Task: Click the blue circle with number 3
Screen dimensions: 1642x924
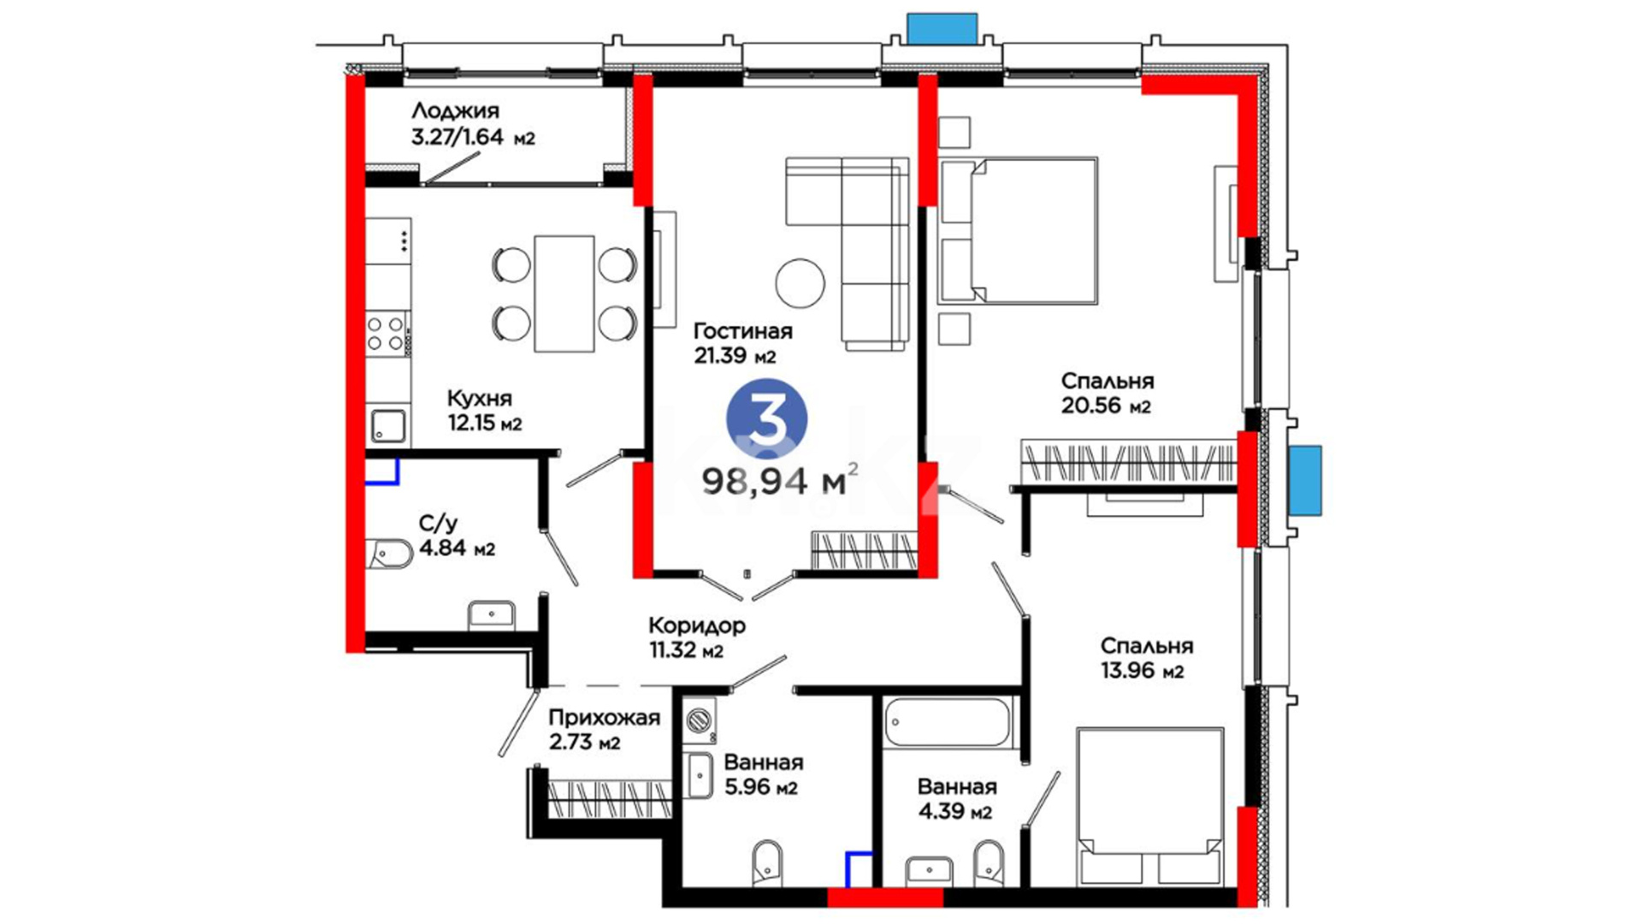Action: coord(766,419)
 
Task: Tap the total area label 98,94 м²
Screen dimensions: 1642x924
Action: coord(779,480)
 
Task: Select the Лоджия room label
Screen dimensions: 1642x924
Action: coord(455,110)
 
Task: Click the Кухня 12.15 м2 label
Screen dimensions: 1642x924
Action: coord(484,411)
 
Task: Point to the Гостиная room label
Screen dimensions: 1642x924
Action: coord(742,331)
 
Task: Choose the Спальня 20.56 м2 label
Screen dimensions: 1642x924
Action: coord(1107,394)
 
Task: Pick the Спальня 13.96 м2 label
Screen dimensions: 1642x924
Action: coord(1146,658)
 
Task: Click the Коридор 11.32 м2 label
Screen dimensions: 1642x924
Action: coord(696,638)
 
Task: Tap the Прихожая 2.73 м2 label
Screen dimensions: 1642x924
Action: coord(604,730)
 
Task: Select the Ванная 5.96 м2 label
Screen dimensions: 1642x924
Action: coord(763,774)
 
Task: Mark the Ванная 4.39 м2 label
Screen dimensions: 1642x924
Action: coord(957,798)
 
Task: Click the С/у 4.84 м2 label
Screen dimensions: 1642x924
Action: coord(457,536)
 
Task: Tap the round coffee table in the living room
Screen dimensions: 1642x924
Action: coord(800,283)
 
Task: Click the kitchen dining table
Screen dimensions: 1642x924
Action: coord(564,293)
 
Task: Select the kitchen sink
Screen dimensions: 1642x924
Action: coord(388,426)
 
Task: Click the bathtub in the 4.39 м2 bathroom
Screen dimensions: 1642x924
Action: coord(947,723)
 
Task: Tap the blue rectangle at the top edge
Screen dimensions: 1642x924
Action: coord(942,28)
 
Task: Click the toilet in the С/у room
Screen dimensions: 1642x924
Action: coord(391,554)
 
